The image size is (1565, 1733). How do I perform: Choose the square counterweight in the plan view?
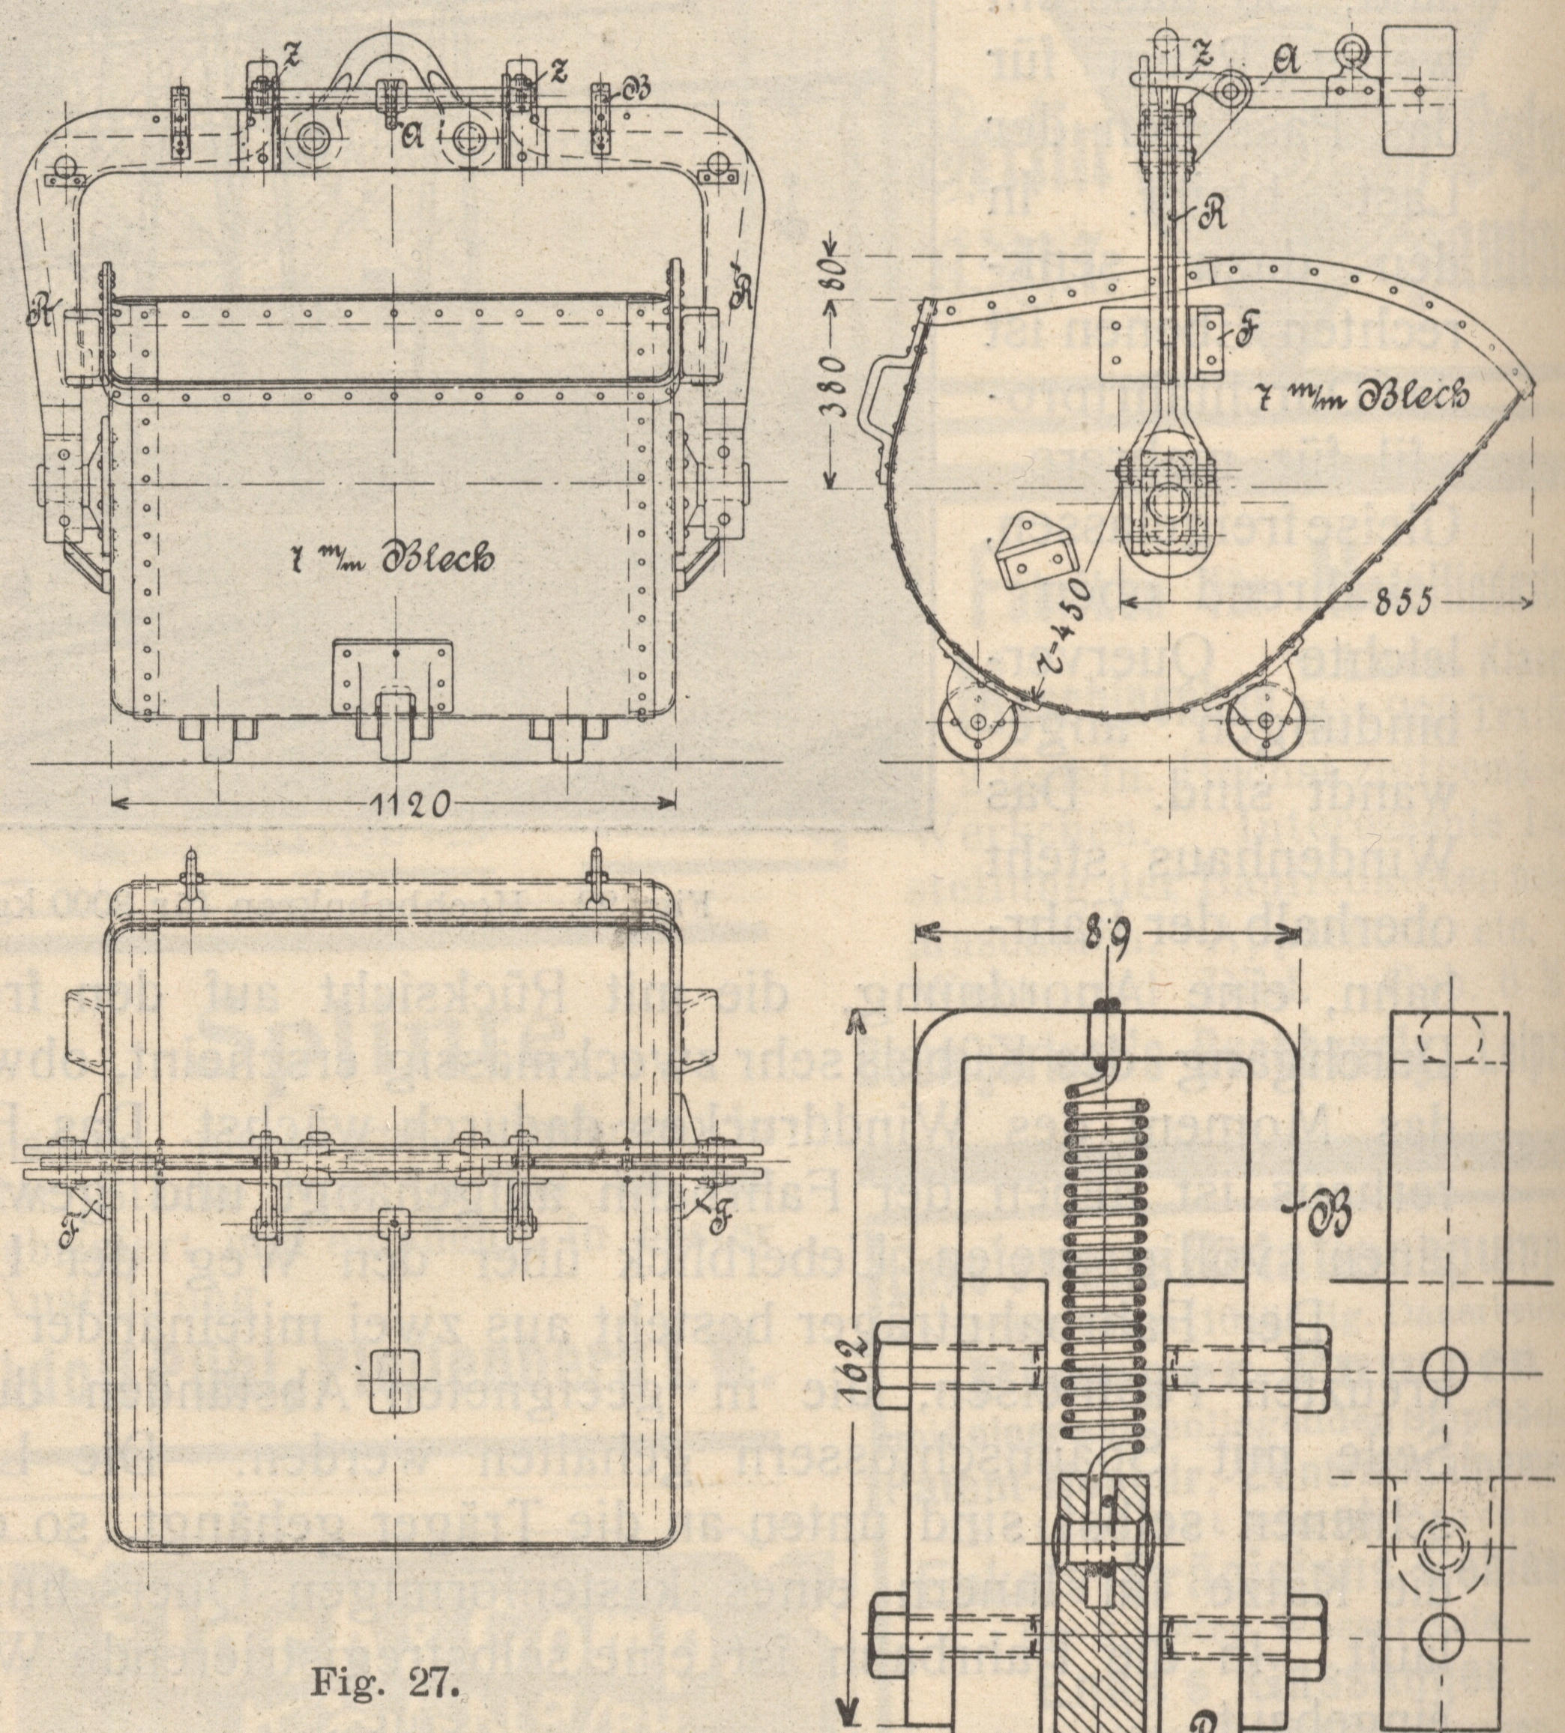393,1381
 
